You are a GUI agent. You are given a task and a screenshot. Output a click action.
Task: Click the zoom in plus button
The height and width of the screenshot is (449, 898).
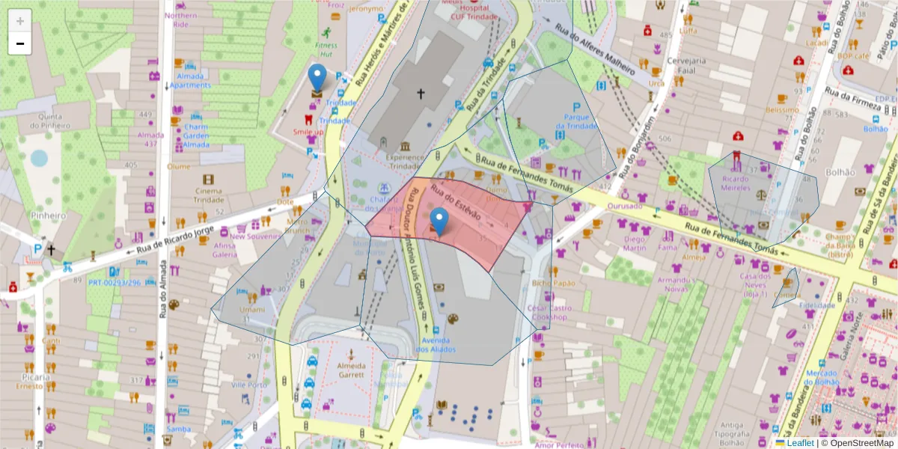[20, 20]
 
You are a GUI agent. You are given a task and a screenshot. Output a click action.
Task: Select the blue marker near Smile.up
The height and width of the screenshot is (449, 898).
[317, 79]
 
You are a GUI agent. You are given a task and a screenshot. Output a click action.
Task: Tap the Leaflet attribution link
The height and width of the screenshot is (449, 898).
[799, 443]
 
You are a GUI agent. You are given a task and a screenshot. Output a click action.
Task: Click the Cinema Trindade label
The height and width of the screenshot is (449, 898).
[208, 195]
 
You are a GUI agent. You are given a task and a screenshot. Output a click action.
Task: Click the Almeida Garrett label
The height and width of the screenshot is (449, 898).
[349, 370]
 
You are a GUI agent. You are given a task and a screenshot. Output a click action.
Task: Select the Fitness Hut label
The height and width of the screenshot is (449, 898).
[326, 49]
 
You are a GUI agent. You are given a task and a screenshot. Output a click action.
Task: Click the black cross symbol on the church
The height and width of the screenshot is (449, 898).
[421, 94]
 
